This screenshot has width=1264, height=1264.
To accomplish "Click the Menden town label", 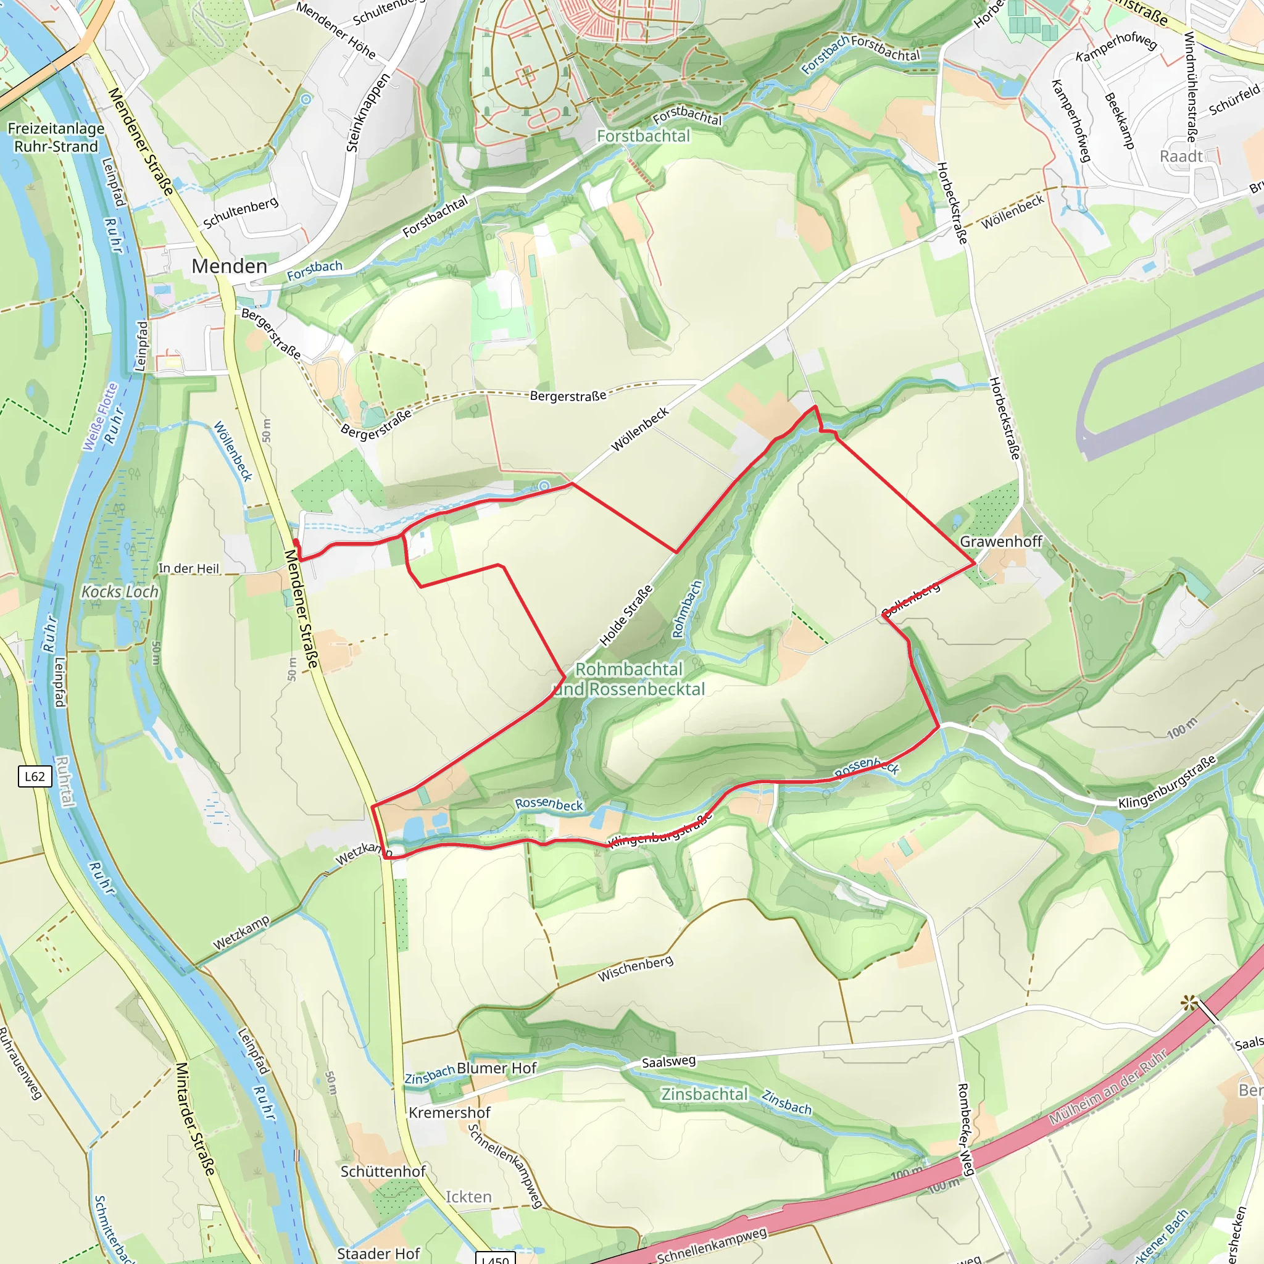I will [x=229, y=266].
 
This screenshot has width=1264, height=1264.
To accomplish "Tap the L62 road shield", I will [x=34, y=776].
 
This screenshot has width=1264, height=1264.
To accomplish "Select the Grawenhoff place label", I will [x=1000, y=542].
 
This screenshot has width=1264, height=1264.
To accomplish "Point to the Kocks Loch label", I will [x=120, y=592].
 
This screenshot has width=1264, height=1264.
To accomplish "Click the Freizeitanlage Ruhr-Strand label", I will [x=56, y=138].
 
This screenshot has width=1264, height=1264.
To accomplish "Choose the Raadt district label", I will [x=1181, y=156].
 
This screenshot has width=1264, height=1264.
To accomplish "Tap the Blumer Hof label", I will [x=497, y=1068].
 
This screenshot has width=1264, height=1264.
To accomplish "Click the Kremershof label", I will [x=449, y=1112].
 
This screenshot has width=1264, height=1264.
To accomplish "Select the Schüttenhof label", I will [x=383, y=1171].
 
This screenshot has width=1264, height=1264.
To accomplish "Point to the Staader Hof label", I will [x=378, y=1254].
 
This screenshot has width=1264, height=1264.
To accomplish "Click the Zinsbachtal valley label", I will [x=704, y=1094].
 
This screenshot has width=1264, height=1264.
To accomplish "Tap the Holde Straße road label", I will [x=626, y=615].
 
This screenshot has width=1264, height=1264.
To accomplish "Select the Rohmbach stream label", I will [x=687, y=609].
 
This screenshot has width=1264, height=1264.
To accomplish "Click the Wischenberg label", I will [x=634, y=969].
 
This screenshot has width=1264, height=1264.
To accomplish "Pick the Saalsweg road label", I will [x=668, y=1062].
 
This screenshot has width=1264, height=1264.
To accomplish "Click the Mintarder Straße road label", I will [x=194, y=1119].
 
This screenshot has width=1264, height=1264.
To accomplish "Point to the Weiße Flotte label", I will [x=100, y=417].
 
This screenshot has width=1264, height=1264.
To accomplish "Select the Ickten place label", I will [x=468, y=1197].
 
